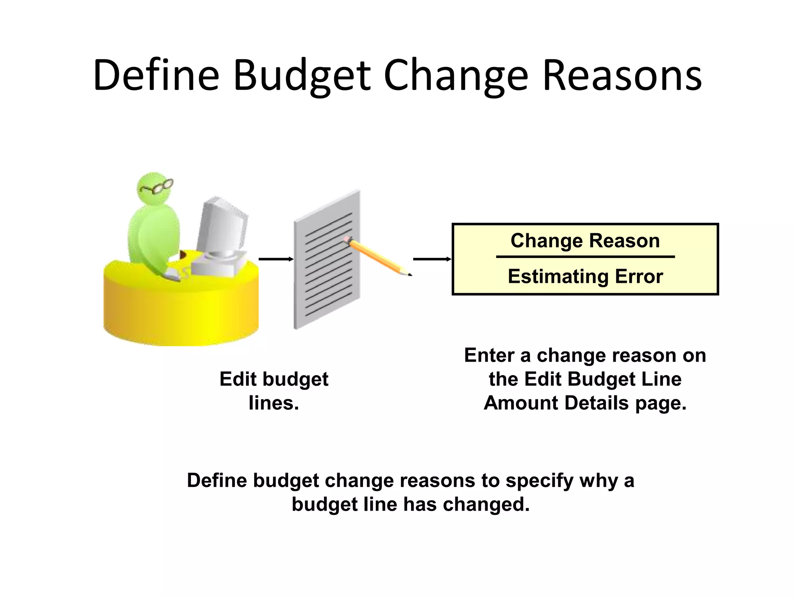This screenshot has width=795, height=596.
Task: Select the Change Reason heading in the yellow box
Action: click(585, 241)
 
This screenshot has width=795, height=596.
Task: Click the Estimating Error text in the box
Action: click(585, 277)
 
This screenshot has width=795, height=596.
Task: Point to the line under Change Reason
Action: click(585, 256)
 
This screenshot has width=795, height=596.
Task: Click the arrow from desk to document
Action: click(276, 259)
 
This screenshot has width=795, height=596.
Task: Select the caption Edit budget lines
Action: click(274, 390)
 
